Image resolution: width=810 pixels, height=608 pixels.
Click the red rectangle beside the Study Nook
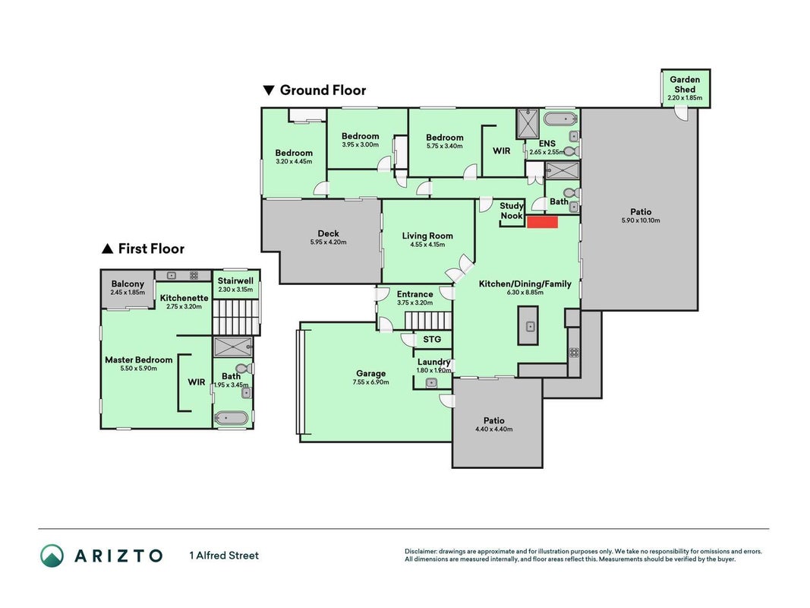tap(542, 223)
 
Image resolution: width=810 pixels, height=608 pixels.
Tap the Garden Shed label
tap(685, 84)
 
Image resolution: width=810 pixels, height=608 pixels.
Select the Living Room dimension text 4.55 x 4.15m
tap(427, 245)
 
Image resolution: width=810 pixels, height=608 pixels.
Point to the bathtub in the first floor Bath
tap(232, 418)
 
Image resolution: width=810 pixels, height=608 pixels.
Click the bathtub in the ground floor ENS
tap(560, 119)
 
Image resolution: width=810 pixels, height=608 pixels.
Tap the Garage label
tap(371, 373)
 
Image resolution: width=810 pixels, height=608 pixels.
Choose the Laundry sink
tap(431, 383)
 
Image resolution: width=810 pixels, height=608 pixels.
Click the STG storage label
tap(432, 339)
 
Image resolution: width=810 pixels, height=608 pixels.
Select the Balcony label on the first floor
tap(128, 283)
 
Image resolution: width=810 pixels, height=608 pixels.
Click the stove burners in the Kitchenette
tap(194, 276)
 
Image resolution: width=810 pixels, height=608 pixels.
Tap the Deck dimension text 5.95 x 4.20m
tap(328, 242)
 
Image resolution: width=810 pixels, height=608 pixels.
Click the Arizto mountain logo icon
tap(52, 556)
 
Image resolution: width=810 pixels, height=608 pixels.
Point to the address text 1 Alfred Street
tap(224, 556)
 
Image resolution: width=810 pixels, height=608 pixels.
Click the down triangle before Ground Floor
tap(269, 90)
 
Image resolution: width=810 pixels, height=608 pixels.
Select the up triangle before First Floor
tap(108, 249)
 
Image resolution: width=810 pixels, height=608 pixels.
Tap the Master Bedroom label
tap(138, 359)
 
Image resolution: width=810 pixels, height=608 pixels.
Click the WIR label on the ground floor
tap(501, 151)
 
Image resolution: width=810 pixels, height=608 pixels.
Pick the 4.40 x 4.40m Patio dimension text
tap(494, 429)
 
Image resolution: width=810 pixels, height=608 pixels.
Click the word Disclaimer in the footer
tap(421, 551)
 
